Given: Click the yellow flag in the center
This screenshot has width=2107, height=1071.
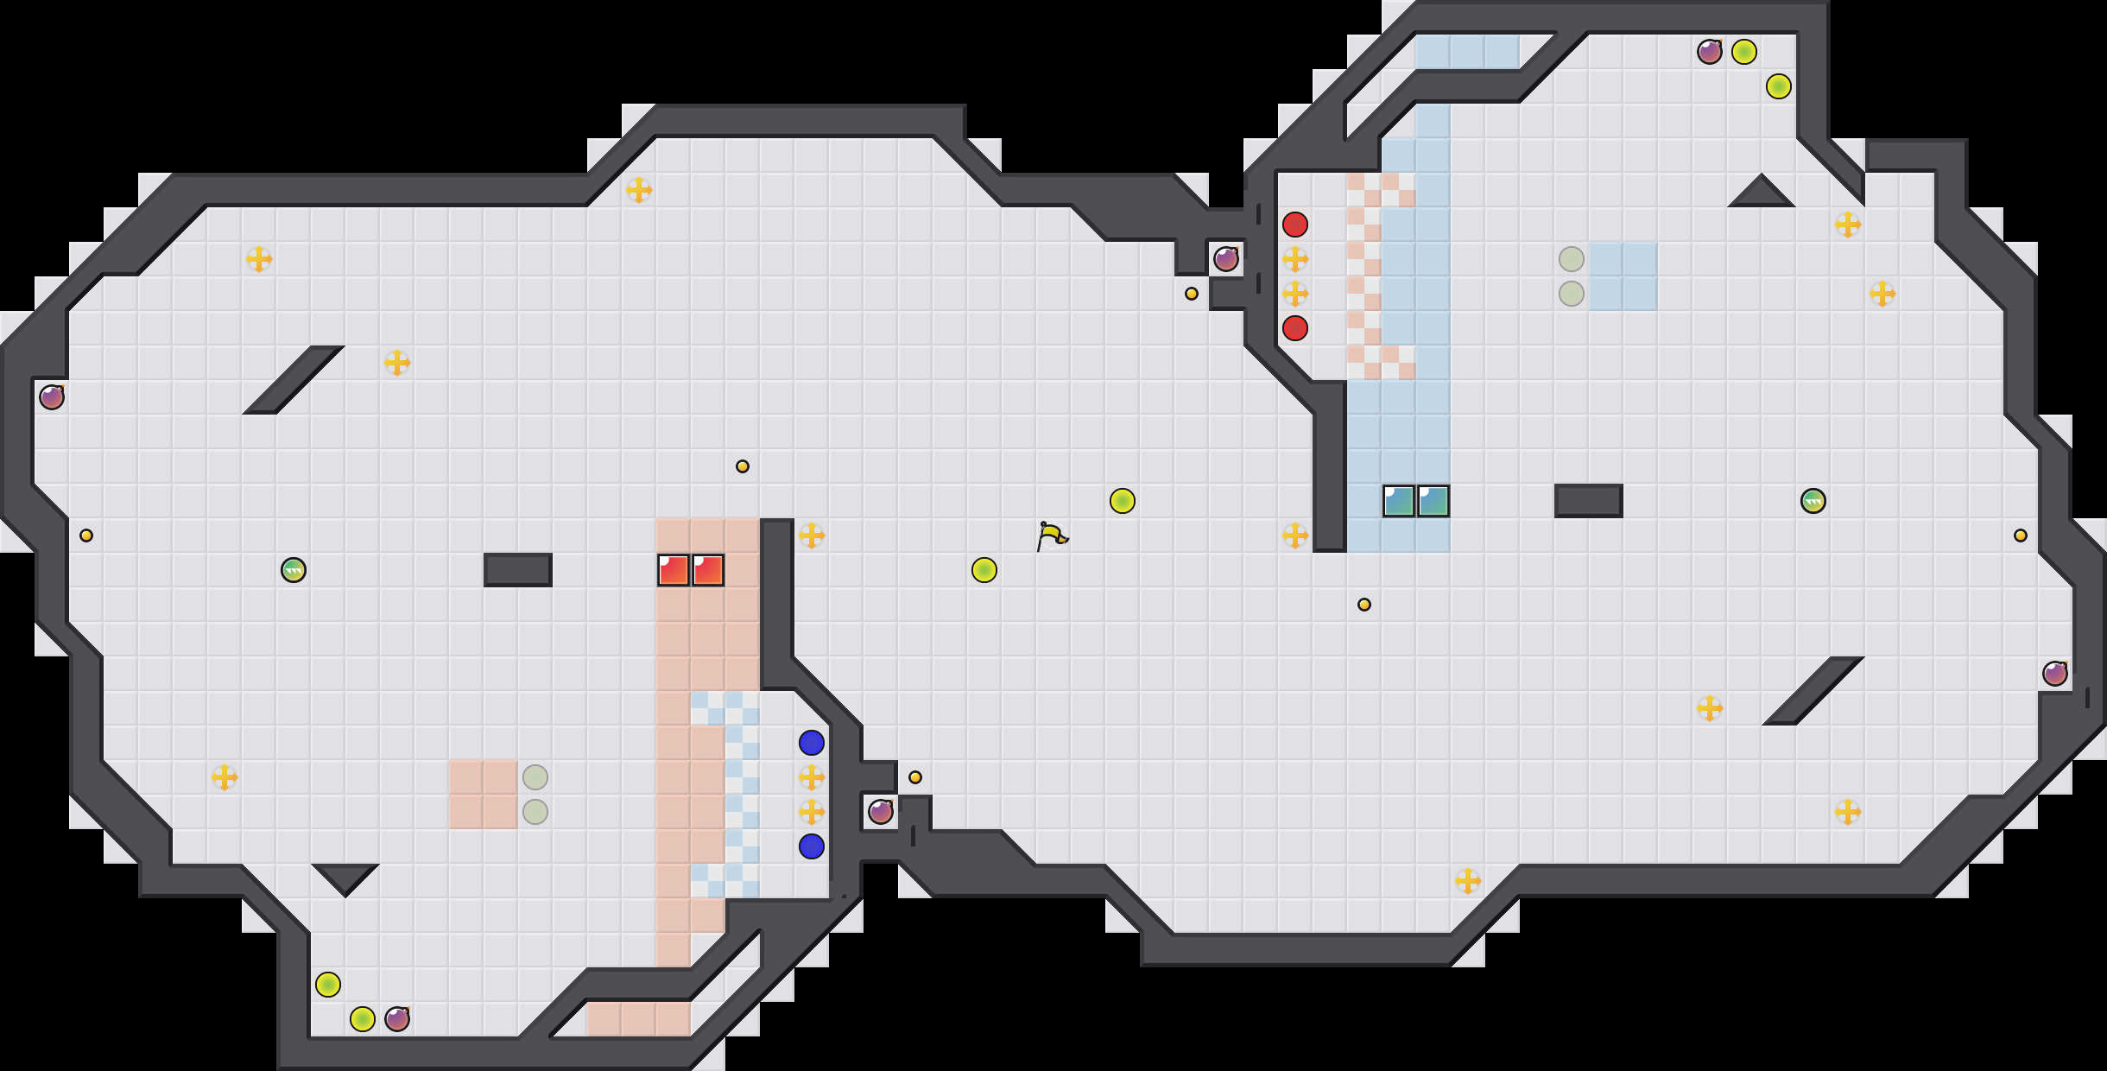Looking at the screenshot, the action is [x=1052, y=536].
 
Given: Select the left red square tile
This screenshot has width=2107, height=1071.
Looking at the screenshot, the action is [x=674, y=570].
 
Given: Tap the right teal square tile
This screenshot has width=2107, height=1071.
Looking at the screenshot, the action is [x=1433, y=501].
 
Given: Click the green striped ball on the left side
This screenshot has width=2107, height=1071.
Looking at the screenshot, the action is [x=294, y=570].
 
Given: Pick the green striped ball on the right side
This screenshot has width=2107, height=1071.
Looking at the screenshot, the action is [x=1813, y=501].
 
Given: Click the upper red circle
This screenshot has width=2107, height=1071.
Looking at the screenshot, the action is [x=1295, y=225].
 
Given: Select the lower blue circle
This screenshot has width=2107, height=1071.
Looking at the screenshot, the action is [x=812, y=846].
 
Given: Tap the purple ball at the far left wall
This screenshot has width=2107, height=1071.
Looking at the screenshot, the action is [x=52, y=397].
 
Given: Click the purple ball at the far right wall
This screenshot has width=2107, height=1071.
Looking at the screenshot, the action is [x=2055, y=674].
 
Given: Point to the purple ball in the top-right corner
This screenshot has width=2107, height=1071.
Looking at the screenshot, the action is [x=1710, y=52].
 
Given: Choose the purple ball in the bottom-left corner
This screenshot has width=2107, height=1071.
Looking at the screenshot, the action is [x=397, y=1019].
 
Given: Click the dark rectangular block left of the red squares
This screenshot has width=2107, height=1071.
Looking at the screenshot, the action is [x=518, y=570].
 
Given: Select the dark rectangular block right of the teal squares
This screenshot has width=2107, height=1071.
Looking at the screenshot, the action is [x=1589, y=501].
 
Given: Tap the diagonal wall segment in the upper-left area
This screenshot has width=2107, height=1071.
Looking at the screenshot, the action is [x=294, y=380].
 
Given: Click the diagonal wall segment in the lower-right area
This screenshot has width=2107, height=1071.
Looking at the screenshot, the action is [x=1813, y=691].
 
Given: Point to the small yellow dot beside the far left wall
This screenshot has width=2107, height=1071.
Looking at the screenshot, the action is [x=86, y=535].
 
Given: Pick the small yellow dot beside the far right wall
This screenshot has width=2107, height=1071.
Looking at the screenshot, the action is [x=2021, y=535].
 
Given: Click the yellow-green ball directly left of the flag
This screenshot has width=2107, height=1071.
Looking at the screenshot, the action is [x=984, y=570].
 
